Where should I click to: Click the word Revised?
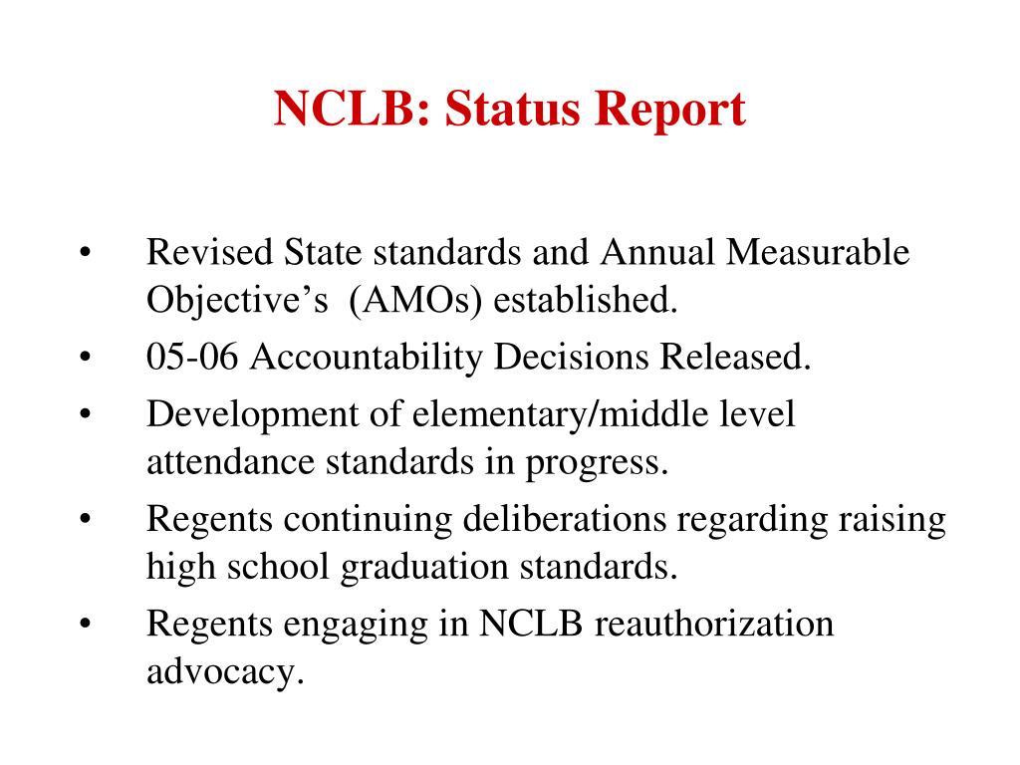208,253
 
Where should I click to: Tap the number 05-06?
192,357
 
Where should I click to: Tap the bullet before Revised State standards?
86,254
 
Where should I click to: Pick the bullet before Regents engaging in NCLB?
86,626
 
